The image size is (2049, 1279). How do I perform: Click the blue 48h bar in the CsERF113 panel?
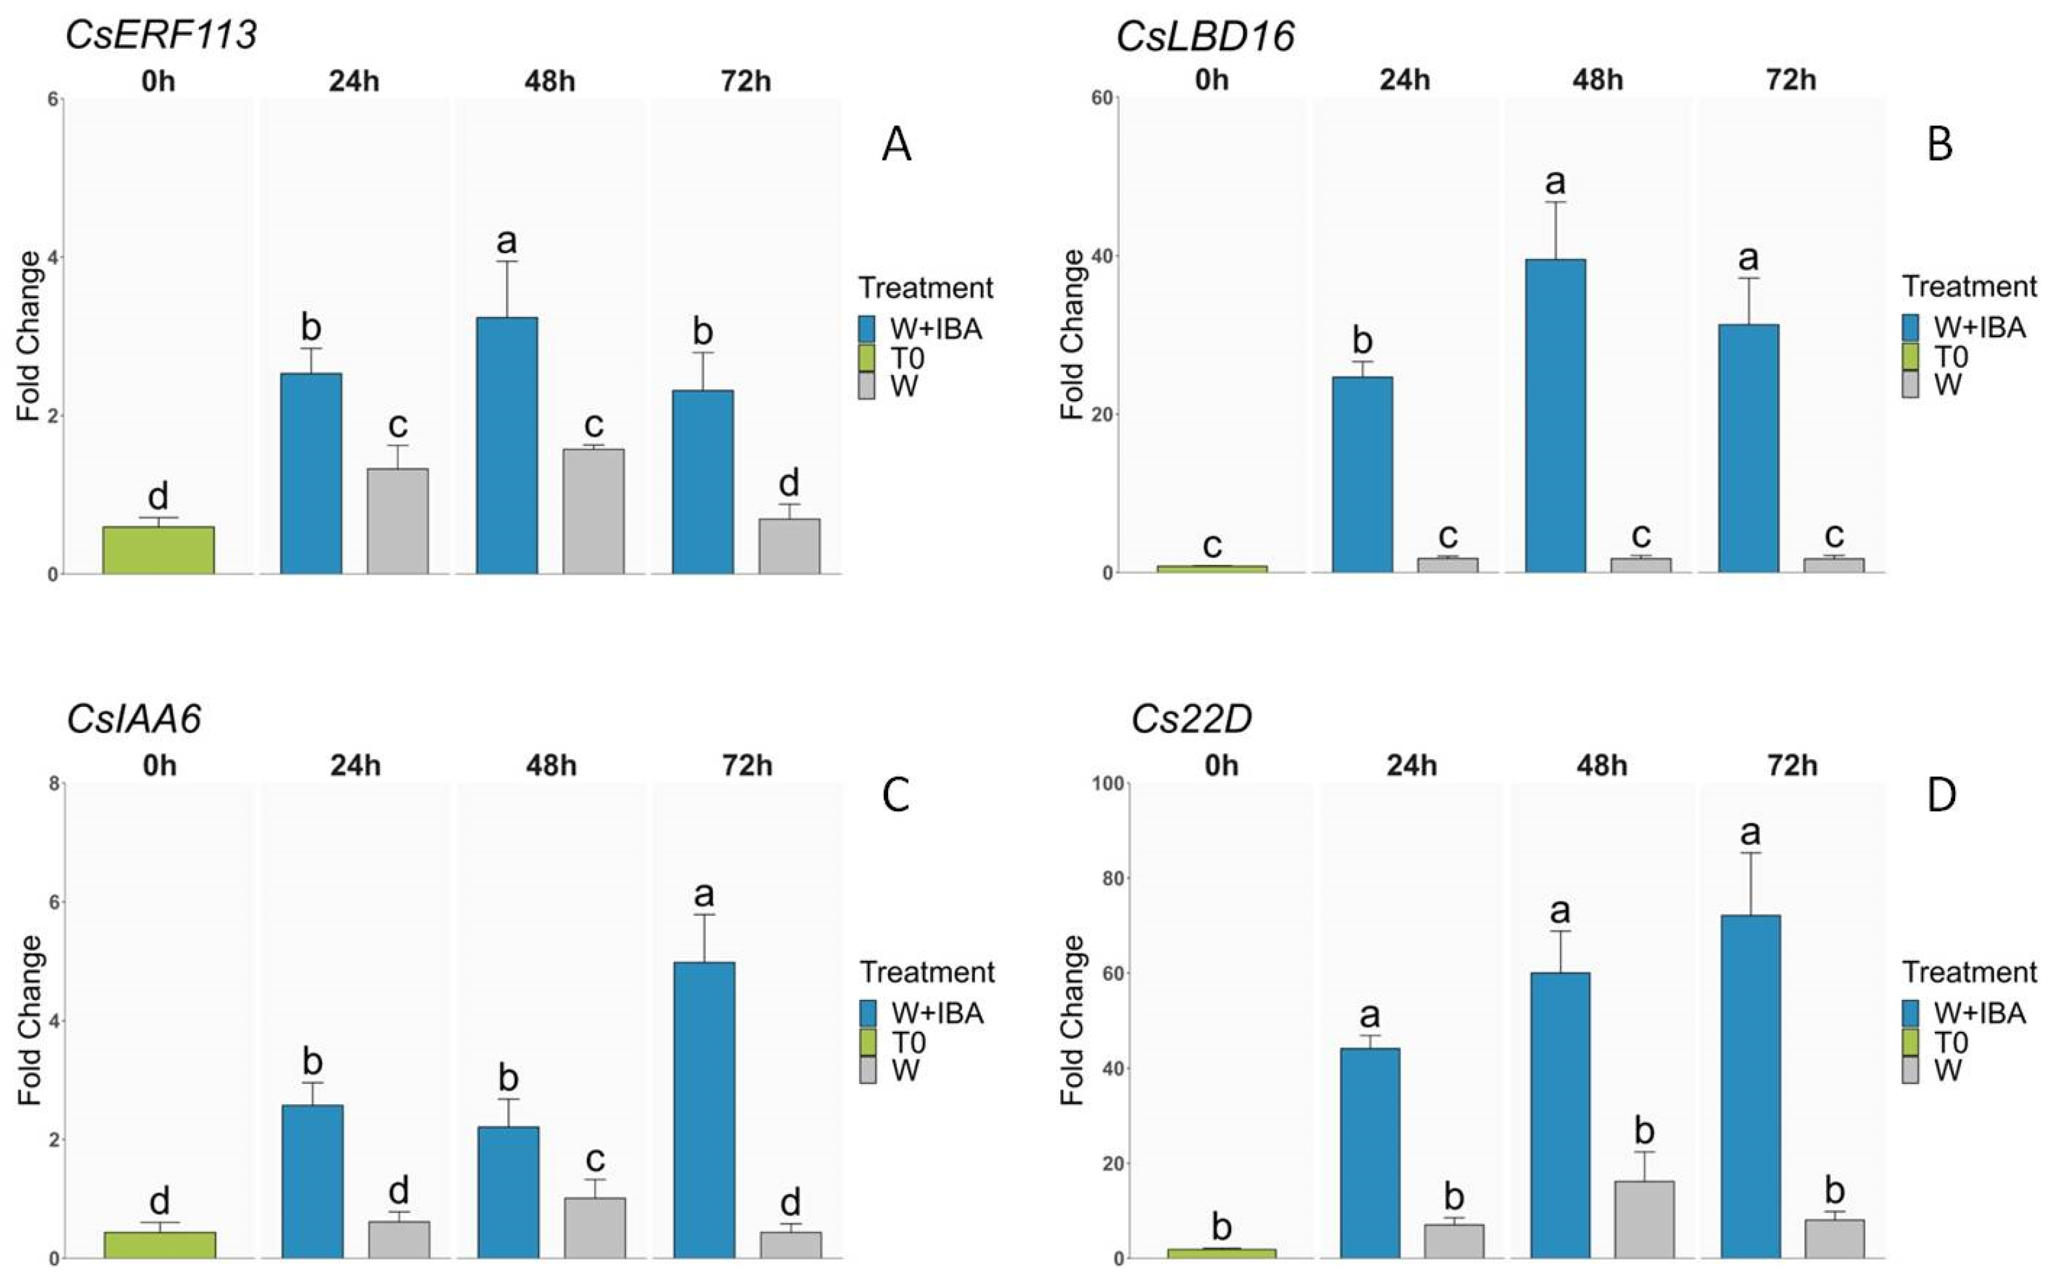click(x=507, y=445)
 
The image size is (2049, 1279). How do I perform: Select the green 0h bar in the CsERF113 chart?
click(x=158, y=550)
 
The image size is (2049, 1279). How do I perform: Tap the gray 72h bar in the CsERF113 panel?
click(x=789, y=547)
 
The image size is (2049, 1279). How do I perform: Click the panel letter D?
click(x=1941, y=796)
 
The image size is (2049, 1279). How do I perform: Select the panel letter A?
click(x=897, y=145)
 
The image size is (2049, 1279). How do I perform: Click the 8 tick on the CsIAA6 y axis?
click(x=54, y=784)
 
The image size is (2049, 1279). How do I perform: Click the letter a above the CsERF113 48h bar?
click(x=507, y=241)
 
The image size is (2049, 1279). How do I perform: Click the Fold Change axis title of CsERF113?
click(x=29, y=336)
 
